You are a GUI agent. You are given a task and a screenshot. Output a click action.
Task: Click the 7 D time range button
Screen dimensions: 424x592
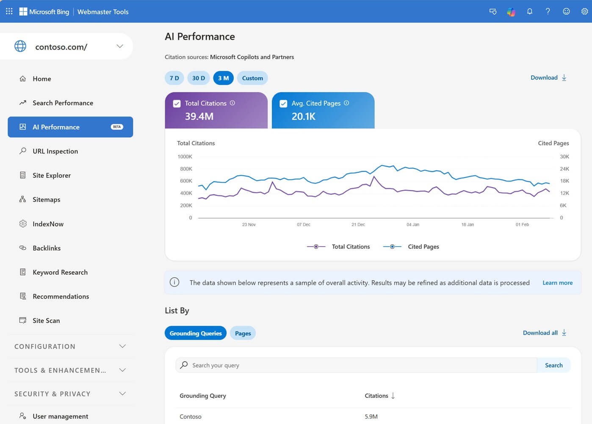point(174,78)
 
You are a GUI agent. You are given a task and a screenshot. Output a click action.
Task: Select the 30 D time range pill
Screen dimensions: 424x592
point(198,78)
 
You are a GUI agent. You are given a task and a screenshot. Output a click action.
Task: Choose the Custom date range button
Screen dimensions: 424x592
point(252,78)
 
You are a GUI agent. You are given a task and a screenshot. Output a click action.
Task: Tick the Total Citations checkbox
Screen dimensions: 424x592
point(177,103)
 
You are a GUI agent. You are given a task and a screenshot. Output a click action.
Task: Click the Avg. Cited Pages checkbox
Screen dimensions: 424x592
point(284,103)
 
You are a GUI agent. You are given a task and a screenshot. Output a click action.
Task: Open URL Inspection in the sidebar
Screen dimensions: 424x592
point(55,151)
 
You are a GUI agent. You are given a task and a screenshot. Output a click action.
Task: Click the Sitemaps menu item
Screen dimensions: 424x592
point(46,200)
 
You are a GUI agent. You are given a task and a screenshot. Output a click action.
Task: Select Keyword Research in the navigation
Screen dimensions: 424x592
point(60,272)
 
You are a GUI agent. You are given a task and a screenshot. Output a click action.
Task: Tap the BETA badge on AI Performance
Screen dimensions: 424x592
point(117,127)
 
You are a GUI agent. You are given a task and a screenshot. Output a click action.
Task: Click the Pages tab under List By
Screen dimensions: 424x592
point(243,333)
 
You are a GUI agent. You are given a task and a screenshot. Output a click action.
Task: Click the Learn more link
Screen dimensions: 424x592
point(557,283)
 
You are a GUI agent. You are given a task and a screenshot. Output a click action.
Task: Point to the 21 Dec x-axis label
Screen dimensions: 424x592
point(358,225)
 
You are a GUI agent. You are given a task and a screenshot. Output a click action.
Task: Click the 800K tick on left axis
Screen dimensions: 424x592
point(186,169)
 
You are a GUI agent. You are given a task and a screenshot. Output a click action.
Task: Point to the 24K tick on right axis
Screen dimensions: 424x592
point(564,169)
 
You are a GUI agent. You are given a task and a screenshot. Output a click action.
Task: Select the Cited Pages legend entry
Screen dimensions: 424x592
point(423,247)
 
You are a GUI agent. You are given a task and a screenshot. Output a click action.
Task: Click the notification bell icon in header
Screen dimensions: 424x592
point(529,11)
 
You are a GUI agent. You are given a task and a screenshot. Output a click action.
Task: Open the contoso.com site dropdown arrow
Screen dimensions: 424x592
point(120,46)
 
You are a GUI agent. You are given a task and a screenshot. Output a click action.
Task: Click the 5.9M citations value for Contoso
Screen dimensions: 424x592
point(371,417)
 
